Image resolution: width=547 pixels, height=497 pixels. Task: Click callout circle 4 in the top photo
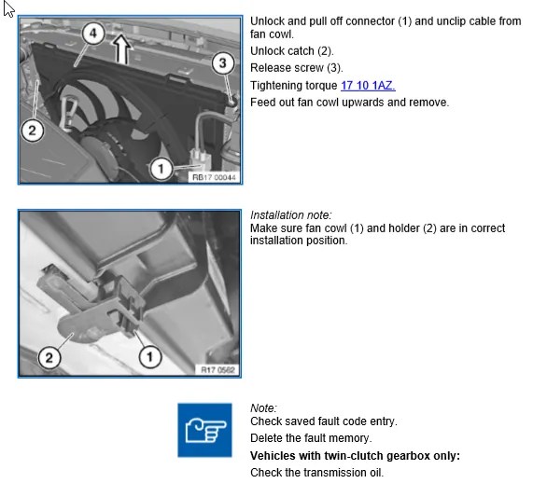click(93, 34)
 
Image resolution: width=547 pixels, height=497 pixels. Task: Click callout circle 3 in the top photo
click(223, 63)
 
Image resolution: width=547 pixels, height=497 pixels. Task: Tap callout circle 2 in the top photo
click(32, 131)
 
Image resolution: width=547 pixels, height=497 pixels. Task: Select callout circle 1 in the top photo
click(161, 170)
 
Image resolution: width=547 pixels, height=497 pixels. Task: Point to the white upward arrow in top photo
click(121, 48)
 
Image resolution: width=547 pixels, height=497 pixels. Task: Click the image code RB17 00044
click(214, 177)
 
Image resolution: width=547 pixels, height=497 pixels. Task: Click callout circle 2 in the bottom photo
click(49, 357)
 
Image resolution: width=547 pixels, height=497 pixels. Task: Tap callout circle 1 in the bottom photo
click(150, 357)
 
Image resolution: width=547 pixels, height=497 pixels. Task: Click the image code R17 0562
click(217, 370)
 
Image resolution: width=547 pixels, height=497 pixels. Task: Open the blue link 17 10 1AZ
click(368, 86)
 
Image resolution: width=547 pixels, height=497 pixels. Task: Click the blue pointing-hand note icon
click(204, 430)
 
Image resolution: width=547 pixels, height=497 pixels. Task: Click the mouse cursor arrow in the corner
click(8, 8)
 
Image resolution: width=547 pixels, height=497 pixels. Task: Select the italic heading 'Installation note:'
click(291, 215)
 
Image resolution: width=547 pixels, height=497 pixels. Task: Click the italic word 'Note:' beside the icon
click(264, 407)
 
